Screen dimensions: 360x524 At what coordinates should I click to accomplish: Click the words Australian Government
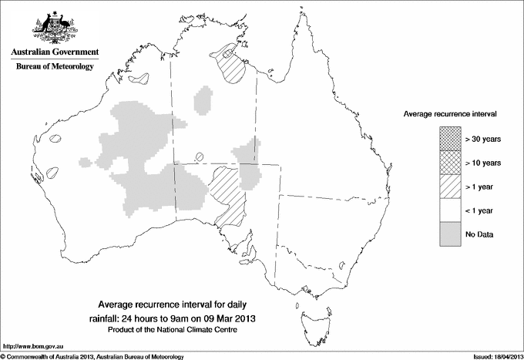(x=55, y=52)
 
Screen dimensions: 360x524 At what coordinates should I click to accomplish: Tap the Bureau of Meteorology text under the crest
(x=55, y=67)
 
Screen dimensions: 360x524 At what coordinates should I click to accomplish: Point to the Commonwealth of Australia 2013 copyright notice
(x=92, y=355)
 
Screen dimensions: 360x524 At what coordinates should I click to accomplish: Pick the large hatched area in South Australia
(x=226, y=193)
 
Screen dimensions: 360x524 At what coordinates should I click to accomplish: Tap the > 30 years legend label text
(x=483, y=140)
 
